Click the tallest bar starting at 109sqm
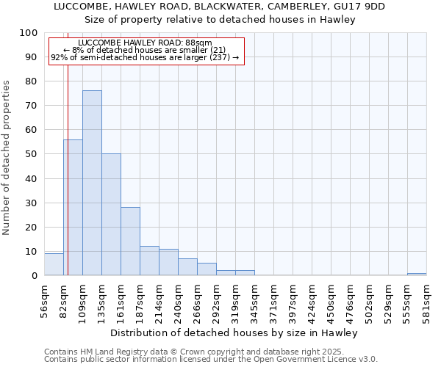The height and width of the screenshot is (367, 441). [92, 183]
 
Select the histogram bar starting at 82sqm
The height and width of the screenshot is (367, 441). [73, 208]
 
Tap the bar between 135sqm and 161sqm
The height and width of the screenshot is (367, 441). [111, 215]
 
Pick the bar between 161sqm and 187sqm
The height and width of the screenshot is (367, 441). [130, 241]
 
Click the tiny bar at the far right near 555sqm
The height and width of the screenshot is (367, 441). [417, 274]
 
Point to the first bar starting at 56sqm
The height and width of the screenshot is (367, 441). [54, 264]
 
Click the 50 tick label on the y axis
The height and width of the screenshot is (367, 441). [31, 154]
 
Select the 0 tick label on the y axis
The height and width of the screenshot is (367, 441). [34, 276]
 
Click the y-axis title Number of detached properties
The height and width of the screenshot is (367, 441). [7, 158]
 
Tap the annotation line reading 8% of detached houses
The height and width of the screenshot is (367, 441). [145, 50]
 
